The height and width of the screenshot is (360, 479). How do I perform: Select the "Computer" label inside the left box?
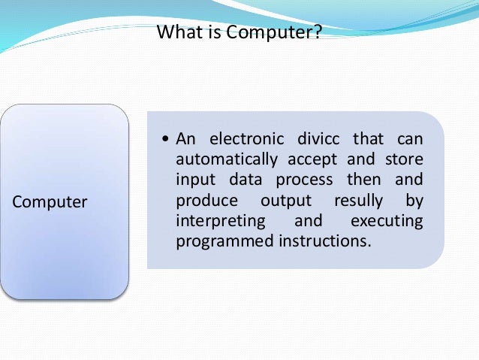(x=50, y=202)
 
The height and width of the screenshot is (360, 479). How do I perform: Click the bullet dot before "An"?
(x=165, y=140)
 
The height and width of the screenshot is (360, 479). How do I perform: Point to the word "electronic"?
(x=246, y=139)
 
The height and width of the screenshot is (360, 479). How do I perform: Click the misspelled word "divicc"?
(x=321, y=139)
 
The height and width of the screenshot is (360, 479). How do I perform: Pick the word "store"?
(x=403, y=160)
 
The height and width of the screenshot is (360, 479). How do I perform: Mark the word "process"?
(x=301, y=181)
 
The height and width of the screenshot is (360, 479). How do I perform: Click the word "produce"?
(x=203, y=201)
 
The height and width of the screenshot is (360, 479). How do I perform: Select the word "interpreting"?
(x=220, y=222)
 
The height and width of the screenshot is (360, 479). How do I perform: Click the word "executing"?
(x=386, y=222)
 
